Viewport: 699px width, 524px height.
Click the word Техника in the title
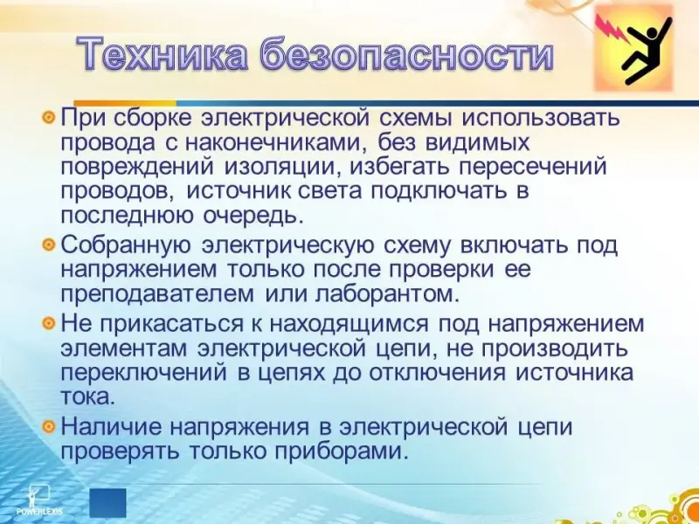164,53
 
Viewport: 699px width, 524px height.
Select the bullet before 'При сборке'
48,118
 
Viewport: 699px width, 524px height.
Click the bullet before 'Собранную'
48,245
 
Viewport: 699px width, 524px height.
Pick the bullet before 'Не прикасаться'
48,322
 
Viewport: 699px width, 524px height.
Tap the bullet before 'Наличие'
48,426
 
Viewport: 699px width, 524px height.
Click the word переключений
143,373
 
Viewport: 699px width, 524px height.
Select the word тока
87,397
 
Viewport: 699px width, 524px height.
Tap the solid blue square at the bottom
107,503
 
